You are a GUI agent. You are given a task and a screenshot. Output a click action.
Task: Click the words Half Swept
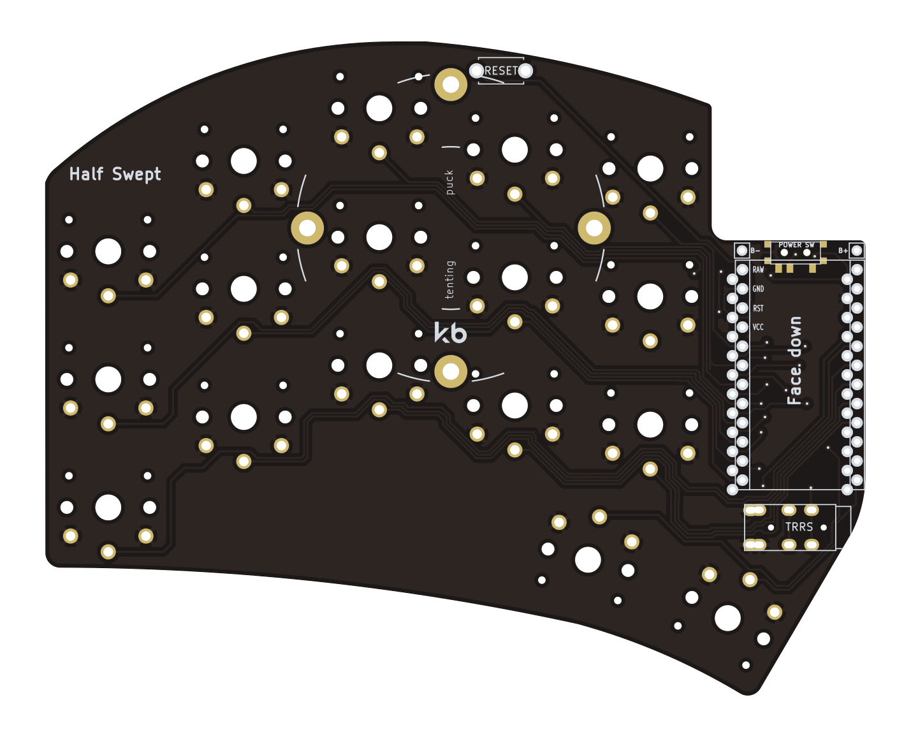pyautogui.click(x=115, y=174)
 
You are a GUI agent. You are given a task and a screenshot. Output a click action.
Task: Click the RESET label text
pyautogui.click(x=501, y=70)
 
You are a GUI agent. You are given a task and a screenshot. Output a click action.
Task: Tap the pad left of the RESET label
pyautogui.click(x=476, y=70)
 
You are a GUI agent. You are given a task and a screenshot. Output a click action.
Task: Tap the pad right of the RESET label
pyautogui.click(x=525, y=70)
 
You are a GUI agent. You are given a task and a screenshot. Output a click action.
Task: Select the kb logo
pyautogui.click(x=450, y=332)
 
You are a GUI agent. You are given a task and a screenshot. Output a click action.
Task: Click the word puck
pyautogui.click(x=449, y=182)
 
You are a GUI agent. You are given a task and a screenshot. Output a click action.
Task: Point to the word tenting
pyautogui.click(x=449, y=279)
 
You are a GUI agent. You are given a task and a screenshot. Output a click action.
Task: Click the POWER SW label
pyautogui.click(x=796, y=245)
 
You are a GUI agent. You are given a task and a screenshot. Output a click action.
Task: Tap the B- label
pyautogui.click(x=755, y=251)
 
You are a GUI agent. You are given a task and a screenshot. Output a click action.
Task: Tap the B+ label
pyautogui.click(x=843, y=251)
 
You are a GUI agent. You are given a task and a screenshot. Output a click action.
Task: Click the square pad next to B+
pyautogui.click(x=857, y=251)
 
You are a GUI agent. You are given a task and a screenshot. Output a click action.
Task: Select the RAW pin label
pyautogui.click(x=758, y=270)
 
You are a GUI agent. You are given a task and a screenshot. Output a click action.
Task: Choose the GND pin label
pyautogui.click(x=758, y=289)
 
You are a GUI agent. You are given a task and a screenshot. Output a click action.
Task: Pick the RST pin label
pyautogui.click(x=758, y=308)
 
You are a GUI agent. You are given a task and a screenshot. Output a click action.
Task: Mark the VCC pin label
pyautogui.click(x=758, y=327)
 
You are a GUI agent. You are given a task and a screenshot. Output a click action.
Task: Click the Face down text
pyautogui.click(x=794, y=360)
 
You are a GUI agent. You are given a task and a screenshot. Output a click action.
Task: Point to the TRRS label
pyautogui.click(x=799, y=527)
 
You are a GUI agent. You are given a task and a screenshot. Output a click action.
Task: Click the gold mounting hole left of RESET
pyautogui.click(x=450, y=84)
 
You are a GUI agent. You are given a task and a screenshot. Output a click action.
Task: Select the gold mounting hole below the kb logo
pyautogui.click(x=450, y=372)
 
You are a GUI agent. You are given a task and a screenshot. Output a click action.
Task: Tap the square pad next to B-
pyautogui.click(x=742, y=251)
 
